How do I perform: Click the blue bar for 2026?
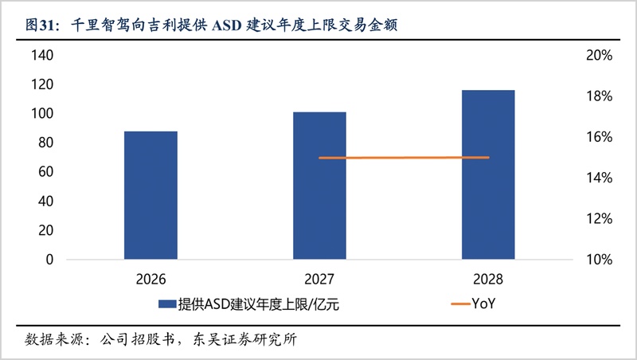pos(150,195)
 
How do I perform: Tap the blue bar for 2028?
pos(488,174)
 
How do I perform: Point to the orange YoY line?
pos(404,158)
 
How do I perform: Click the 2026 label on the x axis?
pos(150,279)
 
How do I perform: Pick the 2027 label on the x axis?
pos(319,279)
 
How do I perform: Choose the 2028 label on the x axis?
pos(487,279)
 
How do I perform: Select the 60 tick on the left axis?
pos(45,172)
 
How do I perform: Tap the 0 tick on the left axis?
pos(49,260)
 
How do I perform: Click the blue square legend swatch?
pos(166,303)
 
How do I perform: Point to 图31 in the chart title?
pos(39,25)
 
